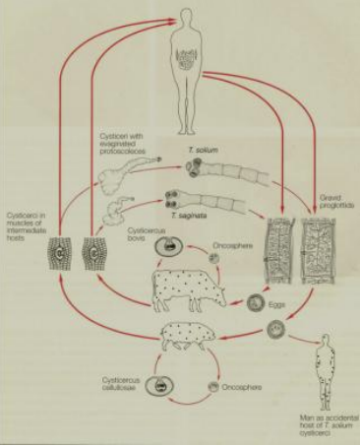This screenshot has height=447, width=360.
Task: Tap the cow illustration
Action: pos(187,286)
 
